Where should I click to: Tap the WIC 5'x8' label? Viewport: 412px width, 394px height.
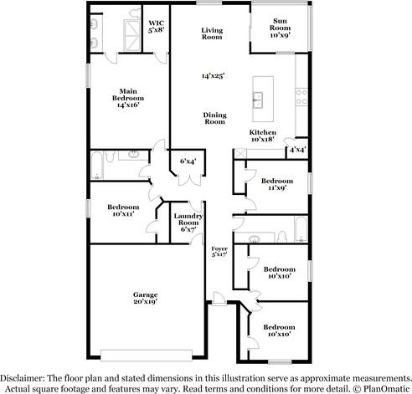[155, 26]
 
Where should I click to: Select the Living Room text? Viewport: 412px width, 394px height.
[211, 33]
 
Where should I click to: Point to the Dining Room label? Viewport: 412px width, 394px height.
[214, 118]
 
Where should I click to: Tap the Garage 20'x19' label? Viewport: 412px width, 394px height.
[145, 298]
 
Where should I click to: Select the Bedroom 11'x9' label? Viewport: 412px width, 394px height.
[276, 185]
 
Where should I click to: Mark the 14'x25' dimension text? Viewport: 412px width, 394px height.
[213, 76]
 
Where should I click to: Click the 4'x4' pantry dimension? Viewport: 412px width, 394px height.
[296, 150]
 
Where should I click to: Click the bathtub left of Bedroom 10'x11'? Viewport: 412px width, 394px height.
[99, 165]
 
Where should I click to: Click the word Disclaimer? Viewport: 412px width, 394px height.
[25, 377]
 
